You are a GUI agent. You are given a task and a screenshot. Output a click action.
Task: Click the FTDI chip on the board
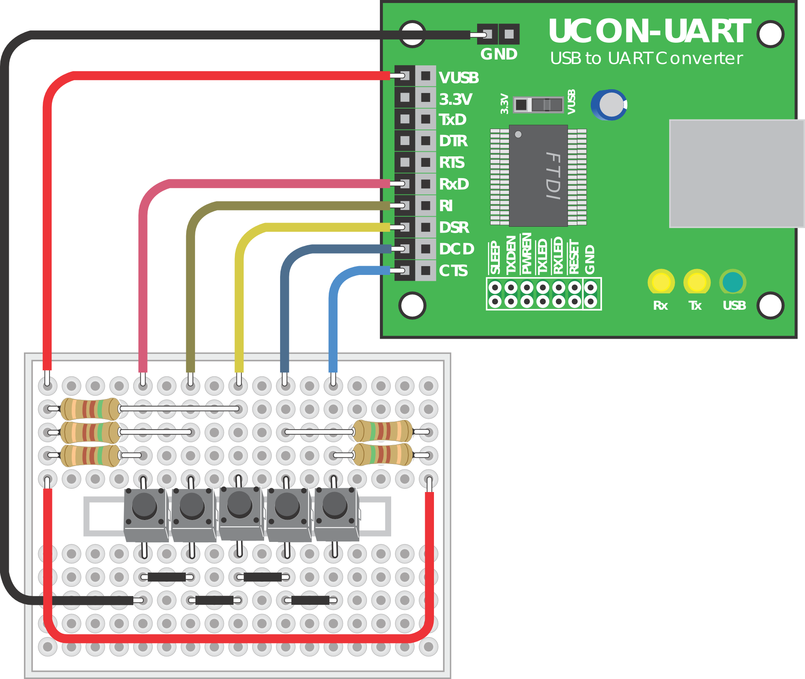[538, 176]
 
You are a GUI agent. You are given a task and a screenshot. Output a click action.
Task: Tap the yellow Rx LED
[661, 282]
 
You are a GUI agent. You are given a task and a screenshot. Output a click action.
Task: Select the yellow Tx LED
[697, 282]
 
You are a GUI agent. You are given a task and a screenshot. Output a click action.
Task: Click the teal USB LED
[733, 282]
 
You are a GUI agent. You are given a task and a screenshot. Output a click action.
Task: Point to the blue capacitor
[609, 104]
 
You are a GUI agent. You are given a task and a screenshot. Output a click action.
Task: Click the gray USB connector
[737, 174]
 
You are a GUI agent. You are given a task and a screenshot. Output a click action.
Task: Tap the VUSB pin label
[459, 78]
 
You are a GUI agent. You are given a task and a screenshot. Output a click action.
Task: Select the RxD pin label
[454, 184]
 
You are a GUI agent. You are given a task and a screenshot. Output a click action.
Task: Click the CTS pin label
[453, 271]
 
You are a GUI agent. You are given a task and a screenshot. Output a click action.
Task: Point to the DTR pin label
[453, 141]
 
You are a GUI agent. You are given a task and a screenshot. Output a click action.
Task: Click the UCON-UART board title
[649, 31]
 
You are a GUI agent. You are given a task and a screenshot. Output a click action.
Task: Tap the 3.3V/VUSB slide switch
[538, 104]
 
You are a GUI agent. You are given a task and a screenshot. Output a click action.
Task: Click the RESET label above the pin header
[574, 257]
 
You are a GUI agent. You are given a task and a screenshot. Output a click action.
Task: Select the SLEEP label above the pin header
[495, 257]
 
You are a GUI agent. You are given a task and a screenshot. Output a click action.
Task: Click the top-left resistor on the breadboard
[90, 409]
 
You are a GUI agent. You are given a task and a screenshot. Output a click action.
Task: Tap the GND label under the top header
[499, 54]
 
